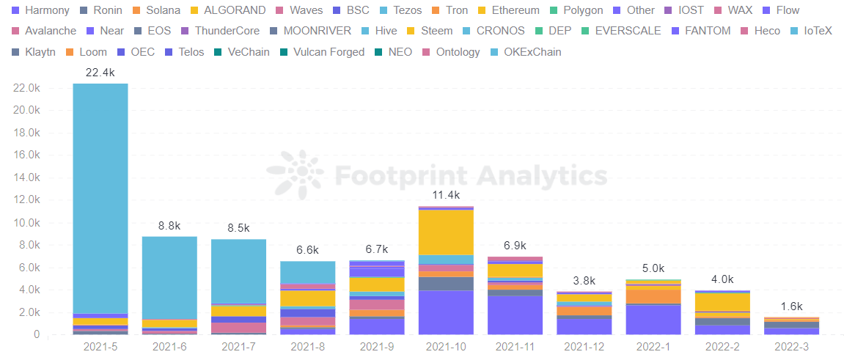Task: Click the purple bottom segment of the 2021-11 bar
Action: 515,315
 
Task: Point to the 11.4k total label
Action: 446,194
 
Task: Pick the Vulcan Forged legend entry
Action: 328,52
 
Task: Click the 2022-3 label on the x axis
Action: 791,346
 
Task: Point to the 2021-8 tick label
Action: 307,346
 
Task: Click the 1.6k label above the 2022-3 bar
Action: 791,306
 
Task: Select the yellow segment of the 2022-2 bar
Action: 722,301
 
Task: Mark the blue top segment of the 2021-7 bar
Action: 238,271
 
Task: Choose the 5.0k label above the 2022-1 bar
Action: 653,268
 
